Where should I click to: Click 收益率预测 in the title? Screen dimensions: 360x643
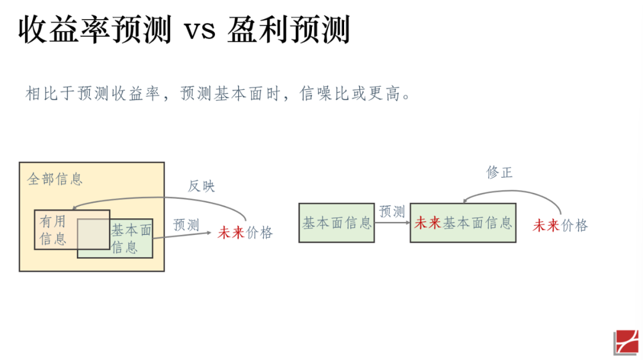pos(95,30)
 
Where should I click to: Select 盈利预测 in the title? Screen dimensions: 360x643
pos(288,30)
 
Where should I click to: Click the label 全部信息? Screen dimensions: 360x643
pos(55,179)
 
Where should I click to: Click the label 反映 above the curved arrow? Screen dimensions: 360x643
pos(201,186)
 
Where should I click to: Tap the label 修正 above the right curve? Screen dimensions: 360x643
pos(499,173)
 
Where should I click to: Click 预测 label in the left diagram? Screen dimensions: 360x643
pos(186,225)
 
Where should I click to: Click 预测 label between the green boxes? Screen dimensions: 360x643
pos(392,211)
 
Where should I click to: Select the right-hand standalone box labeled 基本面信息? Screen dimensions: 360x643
pos(336,223)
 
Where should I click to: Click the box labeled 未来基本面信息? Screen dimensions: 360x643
pos(463,223)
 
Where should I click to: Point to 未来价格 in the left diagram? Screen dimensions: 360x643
pos(245,233)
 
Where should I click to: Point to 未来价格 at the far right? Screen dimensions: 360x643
pos(560,226)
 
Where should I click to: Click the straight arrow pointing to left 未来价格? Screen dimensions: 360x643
pos(185,236)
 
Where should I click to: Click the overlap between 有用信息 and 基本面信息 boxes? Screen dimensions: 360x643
pos(93,234)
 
